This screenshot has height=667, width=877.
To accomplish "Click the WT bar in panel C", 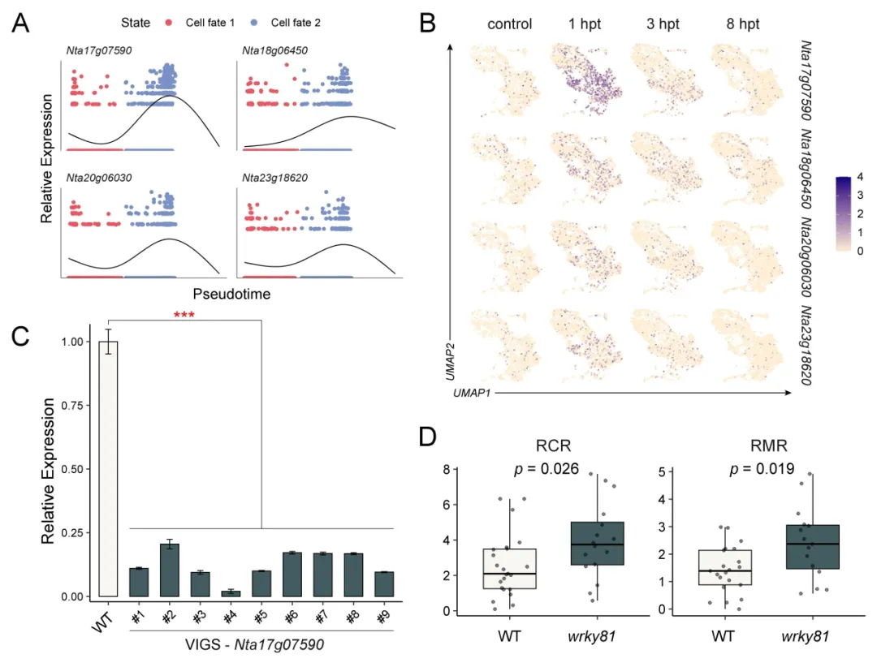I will (108, 468).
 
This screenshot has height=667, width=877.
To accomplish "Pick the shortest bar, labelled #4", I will (231, 593).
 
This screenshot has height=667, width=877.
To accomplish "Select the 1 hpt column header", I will (585, 24).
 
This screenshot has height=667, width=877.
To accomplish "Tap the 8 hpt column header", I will (743, 24).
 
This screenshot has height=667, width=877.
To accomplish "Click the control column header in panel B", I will (509, 24).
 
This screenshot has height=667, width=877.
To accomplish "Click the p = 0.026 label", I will (549, 468).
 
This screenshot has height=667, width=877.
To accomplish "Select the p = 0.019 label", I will (763, 468).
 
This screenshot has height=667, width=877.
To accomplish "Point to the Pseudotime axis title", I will (231, 294).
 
